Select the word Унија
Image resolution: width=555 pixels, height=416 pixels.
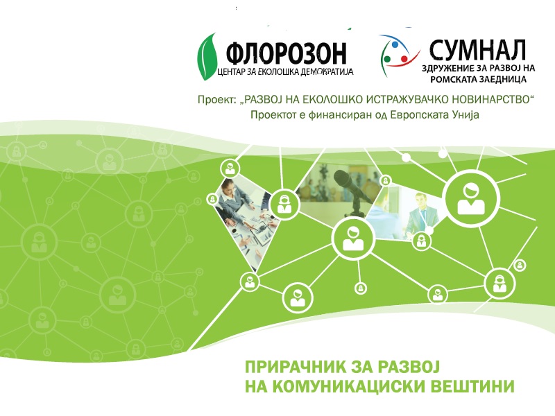pos(463,115)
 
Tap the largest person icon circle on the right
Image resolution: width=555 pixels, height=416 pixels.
pos(472,195)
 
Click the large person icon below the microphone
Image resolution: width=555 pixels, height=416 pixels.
pos(354,236)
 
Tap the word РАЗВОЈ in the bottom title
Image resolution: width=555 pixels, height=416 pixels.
pos(410,365)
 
